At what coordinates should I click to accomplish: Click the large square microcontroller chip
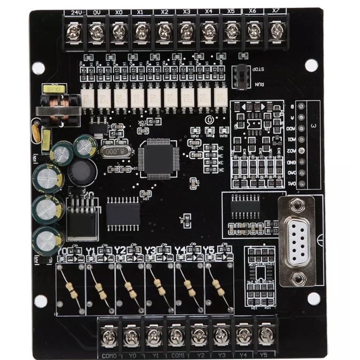[x=159, y=158]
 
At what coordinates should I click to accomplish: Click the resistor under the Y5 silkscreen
[x=218, y=286]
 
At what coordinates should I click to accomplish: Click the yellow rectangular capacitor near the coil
[x=46, y=139]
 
